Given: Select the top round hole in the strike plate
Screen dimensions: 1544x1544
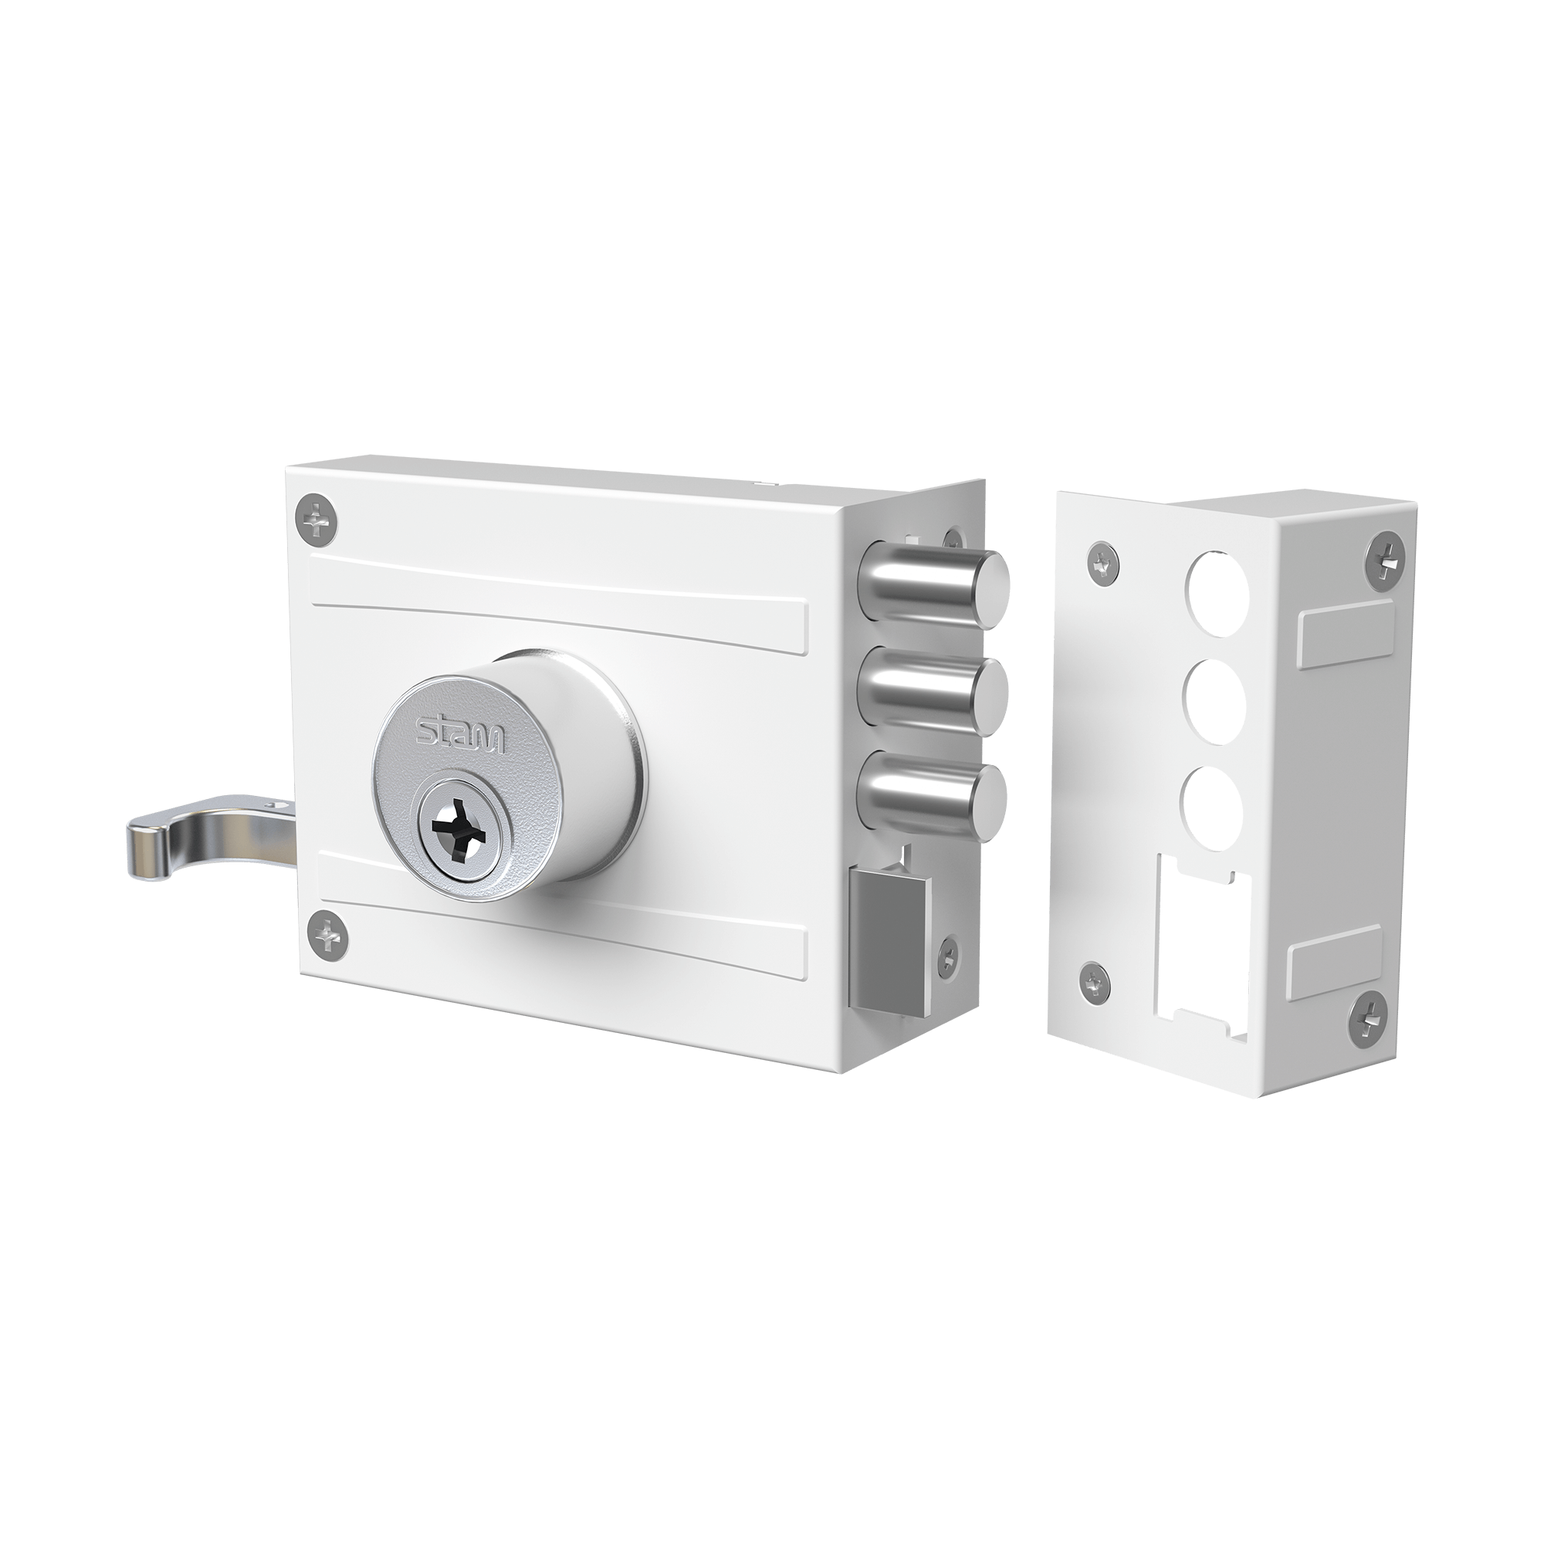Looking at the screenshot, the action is (x=1217, y=585).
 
